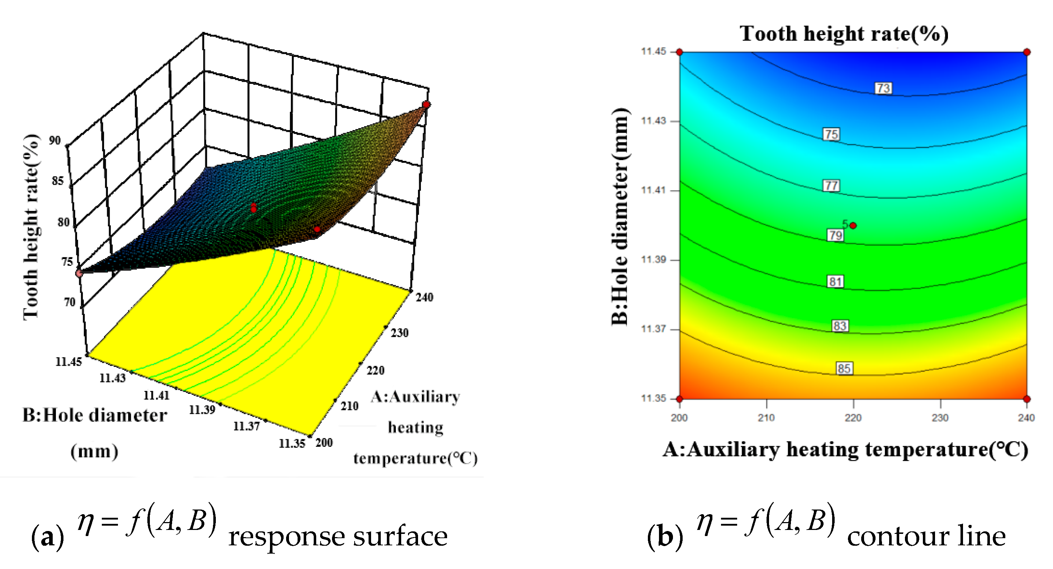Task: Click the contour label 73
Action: [x=883, y=88]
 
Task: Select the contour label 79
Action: [x=835, y=235]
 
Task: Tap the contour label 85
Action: [x=844, y=368]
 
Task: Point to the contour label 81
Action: [x=835, y=281]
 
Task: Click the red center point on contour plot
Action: [x=853, y=225]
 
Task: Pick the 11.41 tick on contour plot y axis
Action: [x=653, y=190]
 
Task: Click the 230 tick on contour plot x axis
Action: [x=940, y=417]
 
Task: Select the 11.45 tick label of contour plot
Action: [x=653, y=51]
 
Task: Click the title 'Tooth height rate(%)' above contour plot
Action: [x=844, y=33]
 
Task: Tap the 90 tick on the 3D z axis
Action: [x=55, y=140]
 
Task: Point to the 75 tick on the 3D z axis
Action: [x=67, y=262]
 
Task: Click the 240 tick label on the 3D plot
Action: [x=424, y=297]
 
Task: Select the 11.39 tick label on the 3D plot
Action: [x=201, y=409]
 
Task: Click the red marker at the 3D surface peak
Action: [x=426, y=105]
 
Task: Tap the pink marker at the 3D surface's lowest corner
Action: [x=79, y=273]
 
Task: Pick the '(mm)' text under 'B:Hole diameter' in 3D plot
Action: [x=94, y=452]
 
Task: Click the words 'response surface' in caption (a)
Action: [x=338, y=536]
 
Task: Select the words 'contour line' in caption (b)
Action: [x=926, y=536]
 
